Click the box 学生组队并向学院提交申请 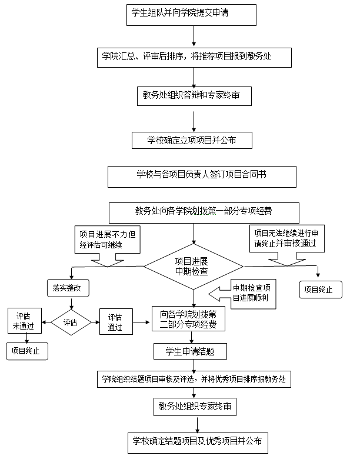coord(192,15)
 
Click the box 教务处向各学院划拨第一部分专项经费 coord(204,212)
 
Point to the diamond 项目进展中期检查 coord(194,267)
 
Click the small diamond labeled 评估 coord(71,322)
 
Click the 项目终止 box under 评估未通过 coord(27,351)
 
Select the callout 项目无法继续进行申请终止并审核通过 coord(285,237)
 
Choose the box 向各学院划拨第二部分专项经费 coord(188,318)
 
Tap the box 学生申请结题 coord(191,352)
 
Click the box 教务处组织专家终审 coord(195,407)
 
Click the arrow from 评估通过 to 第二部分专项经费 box coord(141,322)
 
